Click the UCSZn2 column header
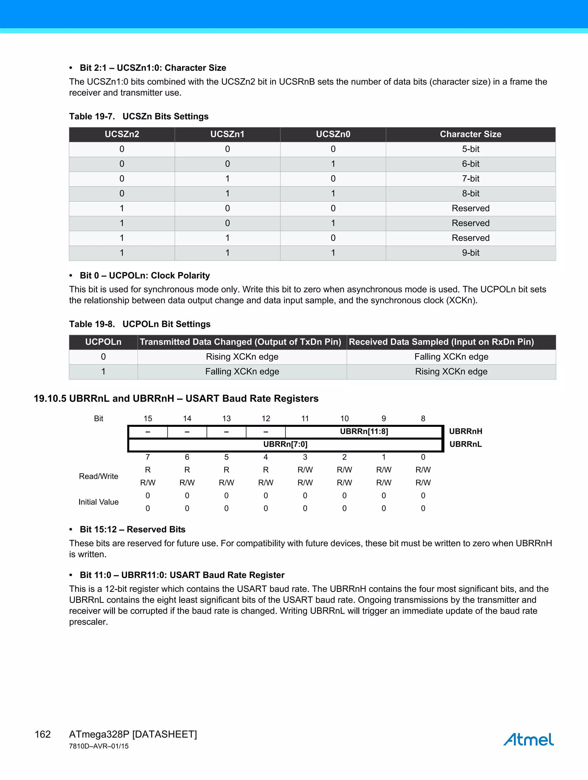click(122, 134)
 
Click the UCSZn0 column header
click(333, 134)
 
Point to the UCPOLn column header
click(103, 342)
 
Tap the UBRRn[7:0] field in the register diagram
click(285, 444)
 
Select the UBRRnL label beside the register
click(465, 444)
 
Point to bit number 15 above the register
click(148, 419)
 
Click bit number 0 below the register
click(423, 457)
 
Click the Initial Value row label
click(98, 502)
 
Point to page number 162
click(43, 734)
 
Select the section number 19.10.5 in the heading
click(50, 399)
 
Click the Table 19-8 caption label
click(92, 324)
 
